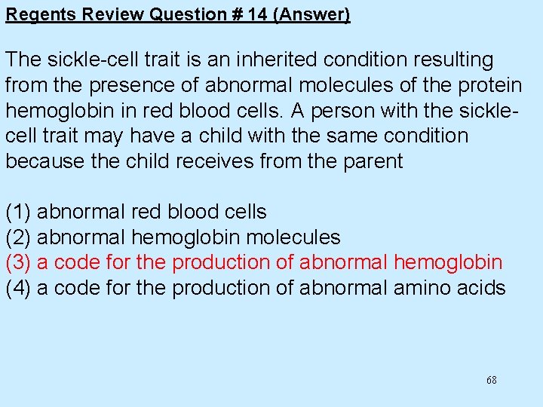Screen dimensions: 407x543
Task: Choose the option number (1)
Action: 18,212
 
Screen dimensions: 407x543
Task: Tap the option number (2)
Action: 18,237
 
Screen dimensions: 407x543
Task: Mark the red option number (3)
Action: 18,262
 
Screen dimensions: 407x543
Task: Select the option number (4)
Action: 18,288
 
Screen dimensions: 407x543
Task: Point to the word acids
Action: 480,288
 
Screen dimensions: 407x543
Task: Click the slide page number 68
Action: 492,381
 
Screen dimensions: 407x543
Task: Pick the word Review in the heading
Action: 104,14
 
